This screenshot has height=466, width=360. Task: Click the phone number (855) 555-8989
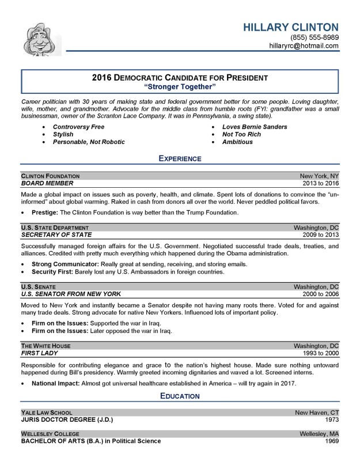click(x=314, y=37)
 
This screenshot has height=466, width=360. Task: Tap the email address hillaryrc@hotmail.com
click(x=304, y=46)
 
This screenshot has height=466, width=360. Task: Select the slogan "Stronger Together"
click(x=180, y=86)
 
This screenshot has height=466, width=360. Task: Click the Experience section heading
click(x=180, y=158)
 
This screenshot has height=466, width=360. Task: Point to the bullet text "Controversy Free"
click(x=78, y=126)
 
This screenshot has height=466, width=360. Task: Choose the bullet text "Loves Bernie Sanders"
click(x=255, y=126)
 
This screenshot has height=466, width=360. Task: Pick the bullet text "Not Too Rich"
click(x=241, y=134)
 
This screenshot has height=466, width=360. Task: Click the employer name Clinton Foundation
click(x=50, y=175)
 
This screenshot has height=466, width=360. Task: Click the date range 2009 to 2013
click(x=321, y=234)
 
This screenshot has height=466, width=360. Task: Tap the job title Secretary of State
click(x=56, y=234)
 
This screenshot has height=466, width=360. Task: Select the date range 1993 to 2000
click(x=321, y=353)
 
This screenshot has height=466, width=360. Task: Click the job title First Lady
click(x=40, y=353)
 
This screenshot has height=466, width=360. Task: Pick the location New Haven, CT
click(x=317, y=412)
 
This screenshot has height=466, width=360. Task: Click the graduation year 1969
click(x=331, y=441)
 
